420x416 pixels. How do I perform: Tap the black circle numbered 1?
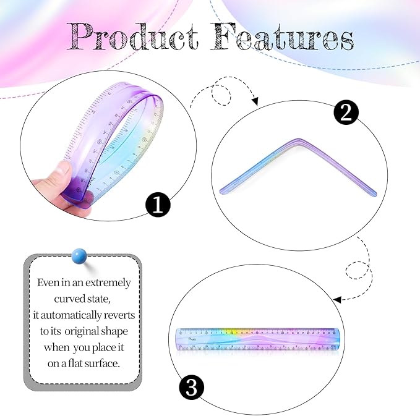click(x=158, y=205)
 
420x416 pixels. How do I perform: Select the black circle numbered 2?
click(x=346, y=112)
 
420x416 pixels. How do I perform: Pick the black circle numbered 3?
click(x=192, y=388)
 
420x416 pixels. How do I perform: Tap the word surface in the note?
click(x=103, y=363)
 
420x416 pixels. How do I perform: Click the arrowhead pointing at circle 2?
click(x=254, y=101)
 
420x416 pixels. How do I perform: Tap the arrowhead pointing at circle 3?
click(x=337, y=299)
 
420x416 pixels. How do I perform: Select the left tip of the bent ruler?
click(x=221, y=189)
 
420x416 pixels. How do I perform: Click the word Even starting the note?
click(x=48, y=282)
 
